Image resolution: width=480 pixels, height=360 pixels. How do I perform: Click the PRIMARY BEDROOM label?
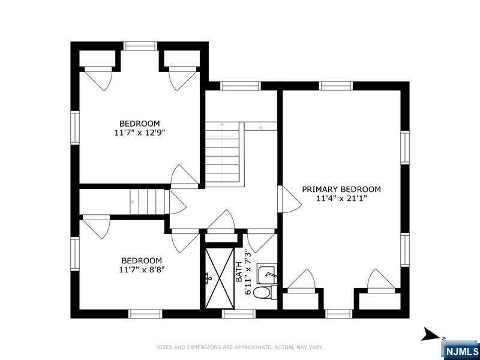pyautogui.click(x=341, y=189)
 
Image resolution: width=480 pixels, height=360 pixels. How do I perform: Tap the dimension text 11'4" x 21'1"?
pyautogui.click(x=341, y=199)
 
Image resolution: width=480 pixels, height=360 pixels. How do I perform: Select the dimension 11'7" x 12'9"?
pyautogui.click(x=140, y=133)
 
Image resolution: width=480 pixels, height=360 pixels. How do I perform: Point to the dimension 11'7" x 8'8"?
pyautogui.click(x=142, y=269)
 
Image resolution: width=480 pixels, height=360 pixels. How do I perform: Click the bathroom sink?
pyautogui.click(x=266, y=274)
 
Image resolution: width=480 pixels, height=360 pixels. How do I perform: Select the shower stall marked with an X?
pyautogui.click(x=220, y=278)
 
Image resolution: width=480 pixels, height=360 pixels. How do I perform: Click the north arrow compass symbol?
pyautogui.click(x=432, y=334)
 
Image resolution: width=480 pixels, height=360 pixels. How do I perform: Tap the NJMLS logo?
pyautogui.click(x=460, y=350)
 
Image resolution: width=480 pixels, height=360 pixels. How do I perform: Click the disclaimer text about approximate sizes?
pyautogui.click(x=239, y=347)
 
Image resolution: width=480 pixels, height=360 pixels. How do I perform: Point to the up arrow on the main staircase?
pyautogui.click(x=222, y=125)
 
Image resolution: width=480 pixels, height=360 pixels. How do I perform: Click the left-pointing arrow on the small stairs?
pyautogui.click(x=133, y=202)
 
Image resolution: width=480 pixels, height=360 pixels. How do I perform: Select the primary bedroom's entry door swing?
pyautogui.click(x=290, y=199)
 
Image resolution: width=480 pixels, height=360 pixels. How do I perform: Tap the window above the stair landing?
pyautogui.click(x=241, y=86)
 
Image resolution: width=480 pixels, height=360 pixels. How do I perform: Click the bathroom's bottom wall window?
pyautogui.click(x=238, y=314)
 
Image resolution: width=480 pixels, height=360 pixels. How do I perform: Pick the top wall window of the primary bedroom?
pyautogui.click(x=336, y=86)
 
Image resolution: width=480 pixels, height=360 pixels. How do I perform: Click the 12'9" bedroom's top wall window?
pyautogui.click(x=140, y=46)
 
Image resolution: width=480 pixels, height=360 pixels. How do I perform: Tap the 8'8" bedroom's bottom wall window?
pyautogui.click(x=145, y=314)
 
